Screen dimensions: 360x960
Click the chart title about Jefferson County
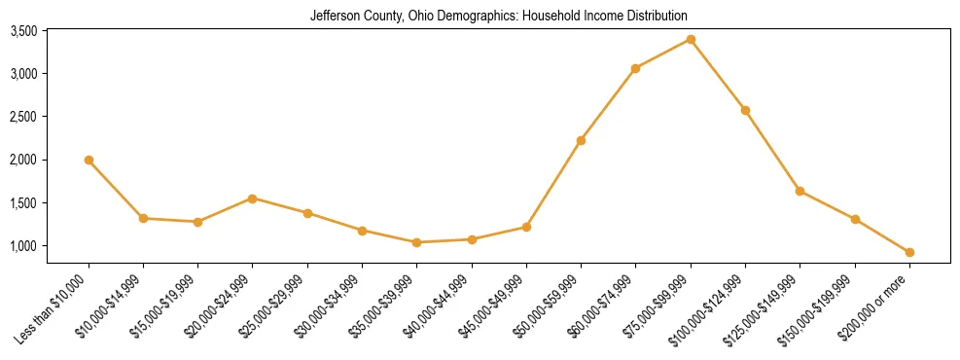coord(498,16)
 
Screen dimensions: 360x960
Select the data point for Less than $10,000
coord(89,160)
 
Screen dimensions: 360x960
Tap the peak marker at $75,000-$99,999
coord(691,39)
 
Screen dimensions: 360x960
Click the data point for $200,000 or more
coord(909,252)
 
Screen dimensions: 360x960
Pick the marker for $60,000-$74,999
coord(635,68)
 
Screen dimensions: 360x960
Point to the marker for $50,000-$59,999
coord(581,140)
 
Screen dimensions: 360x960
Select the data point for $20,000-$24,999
coord(252,198)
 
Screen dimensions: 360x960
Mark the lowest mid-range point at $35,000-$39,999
coord(416,242)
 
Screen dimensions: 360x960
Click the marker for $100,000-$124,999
coord(745,110)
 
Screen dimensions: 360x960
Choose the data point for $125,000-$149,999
coord(800,191)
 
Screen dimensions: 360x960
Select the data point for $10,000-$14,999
coord(143,218)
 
